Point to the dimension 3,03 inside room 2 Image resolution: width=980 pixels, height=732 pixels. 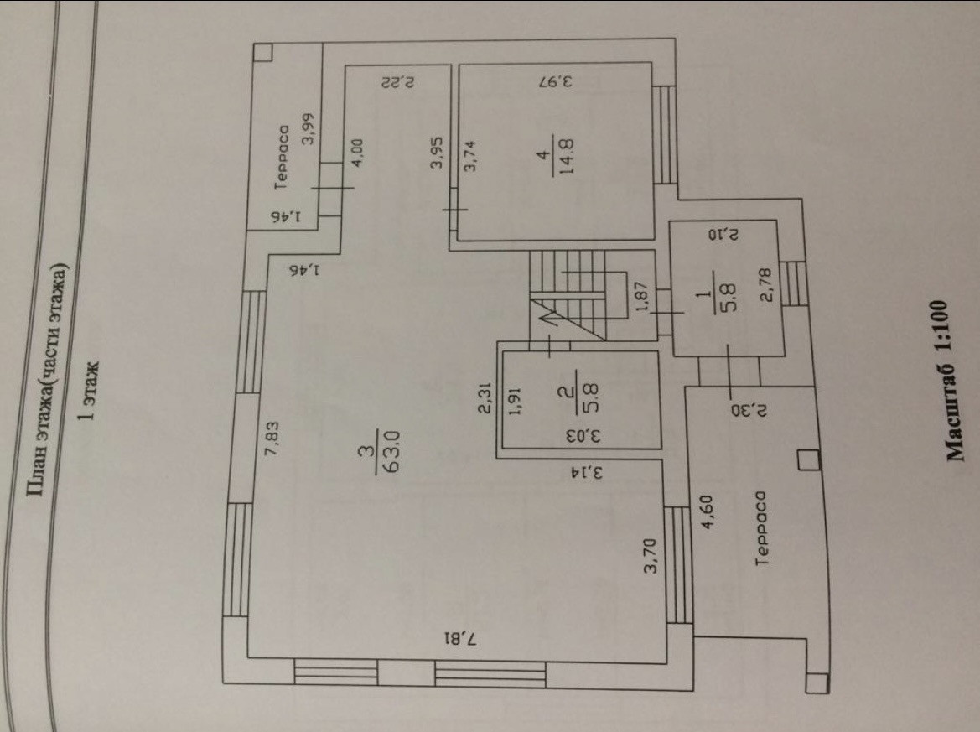[575, 436]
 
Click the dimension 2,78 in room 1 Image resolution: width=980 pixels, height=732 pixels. [765, 301]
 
